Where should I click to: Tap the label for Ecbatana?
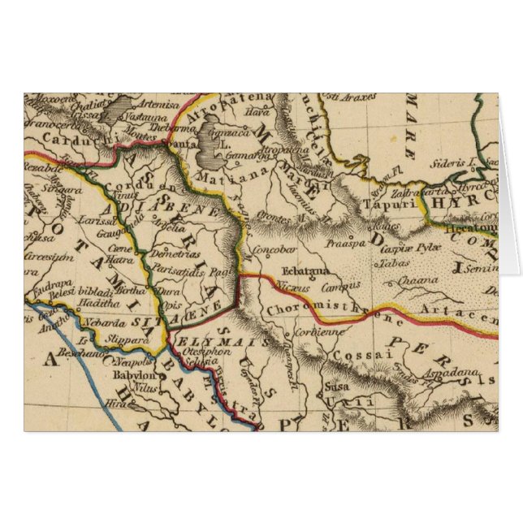(x=306, y=271)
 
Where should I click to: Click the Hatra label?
(x=119, y=260)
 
